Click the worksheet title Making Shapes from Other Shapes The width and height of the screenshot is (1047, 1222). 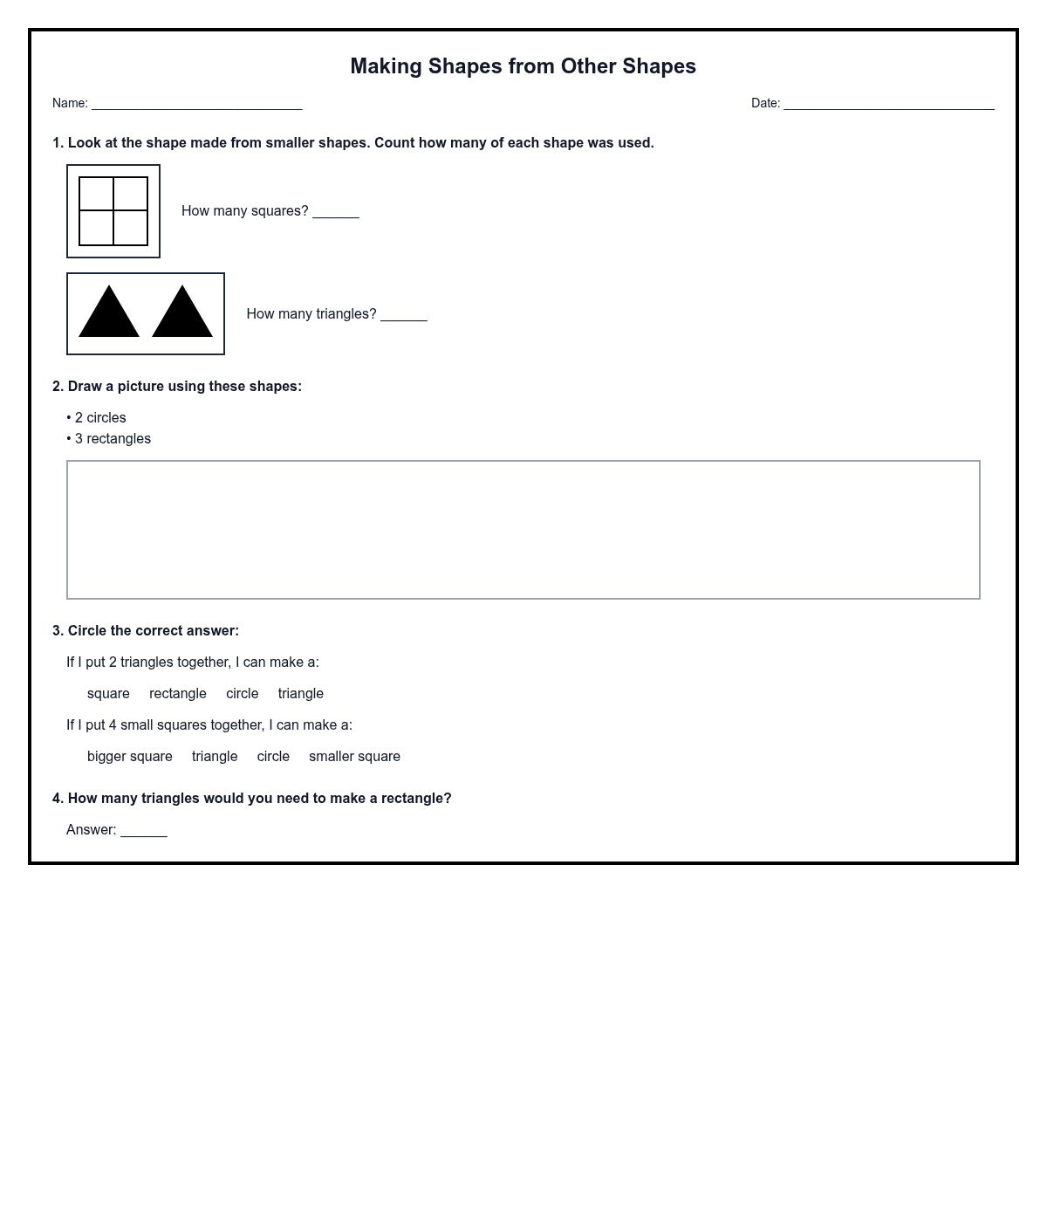point(523,66)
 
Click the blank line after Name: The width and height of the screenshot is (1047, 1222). point(196,105)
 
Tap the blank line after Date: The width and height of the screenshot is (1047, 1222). point(888,105)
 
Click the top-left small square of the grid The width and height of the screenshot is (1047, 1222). point(97,194)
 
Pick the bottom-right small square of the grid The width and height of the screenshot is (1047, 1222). point(130,228)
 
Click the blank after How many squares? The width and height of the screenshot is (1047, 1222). point(336,212)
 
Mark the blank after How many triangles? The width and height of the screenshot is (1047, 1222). point(404,315)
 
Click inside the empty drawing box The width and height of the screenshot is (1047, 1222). point(523,530)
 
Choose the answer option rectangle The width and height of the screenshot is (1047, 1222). point(178,694)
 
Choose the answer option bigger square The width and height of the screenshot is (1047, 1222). point(130,757)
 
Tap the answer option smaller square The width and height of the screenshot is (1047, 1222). point(354,757)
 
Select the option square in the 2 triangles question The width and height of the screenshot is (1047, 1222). point(108,694)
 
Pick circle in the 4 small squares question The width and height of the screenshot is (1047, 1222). point(273,757)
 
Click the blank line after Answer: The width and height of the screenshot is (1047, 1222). point(144,831)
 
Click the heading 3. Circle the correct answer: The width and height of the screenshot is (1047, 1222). point(146,631)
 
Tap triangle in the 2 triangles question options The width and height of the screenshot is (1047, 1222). point(300,694)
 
